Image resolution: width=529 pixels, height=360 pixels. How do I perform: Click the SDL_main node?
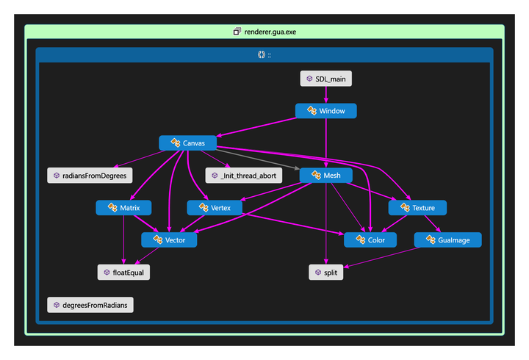(x=326, y=79)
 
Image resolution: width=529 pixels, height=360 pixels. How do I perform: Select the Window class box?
(x=326, y=111)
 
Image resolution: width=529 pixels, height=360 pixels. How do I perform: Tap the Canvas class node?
(x=187, y=143)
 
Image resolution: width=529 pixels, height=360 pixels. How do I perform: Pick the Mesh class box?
(x=326, y=176)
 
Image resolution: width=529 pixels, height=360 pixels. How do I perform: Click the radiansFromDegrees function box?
(x=90, y=176)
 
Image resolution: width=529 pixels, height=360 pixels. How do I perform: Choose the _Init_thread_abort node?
(x=244, y=176)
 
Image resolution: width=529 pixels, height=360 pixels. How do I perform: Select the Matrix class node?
(x=123, y=208)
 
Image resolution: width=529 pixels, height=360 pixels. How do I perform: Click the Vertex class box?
(x=215, y=208)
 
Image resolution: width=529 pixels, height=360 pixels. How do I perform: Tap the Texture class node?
(x=417, y=208)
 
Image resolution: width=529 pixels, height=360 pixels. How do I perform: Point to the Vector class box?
(x=169, y=240)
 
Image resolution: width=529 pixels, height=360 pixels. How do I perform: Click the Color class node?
(x=370, y=240)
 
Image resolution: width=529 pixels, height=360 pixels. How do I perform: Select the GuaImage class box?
(x=448, y=240)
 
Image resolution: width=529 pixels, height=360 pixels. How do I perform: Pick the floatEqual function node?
(x=124, y=273)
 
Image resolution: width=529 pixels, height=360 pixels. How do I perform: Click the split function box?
(x=326, y=273)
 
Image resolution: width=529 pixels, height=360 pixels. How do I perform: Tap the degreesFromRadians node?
(x=90, y=305)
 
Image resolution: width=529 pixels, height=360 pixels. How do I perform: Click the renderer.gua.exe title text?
(x=270, y=32)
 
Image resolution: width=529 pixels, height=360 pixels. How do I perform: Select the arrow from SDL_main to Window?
(x=326, y=95)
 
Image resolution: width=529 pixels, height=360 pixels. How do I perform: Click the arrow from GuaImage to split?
(x=381, y=258)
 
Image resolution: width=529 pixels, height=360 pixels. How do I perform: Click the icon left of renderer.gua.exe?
(x=237, y=32)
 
